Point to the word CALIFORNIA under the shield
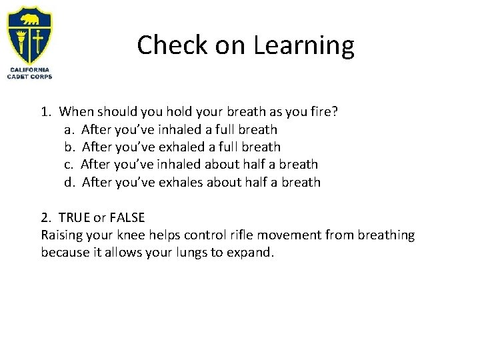pos(29,70)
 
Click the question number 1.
pos(45,112)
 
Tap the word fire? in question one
pos(321,112)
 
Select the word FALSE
pos(127,217)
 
